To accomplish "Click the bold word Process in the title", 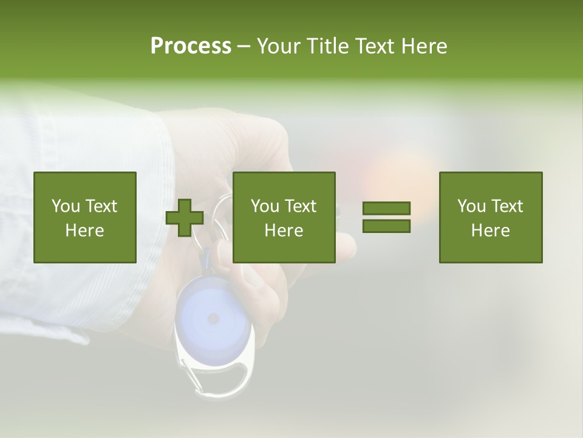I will (x=191, y=46).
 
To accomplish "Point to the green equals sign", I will (x=386, y=217).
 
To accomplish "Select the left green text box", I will (x=85, y=218).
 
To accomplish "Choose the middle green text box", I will (x=284, y=218).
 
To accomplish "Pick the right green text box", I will (x=491, y=218).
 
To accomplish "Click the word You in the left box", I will (x=66, y=206).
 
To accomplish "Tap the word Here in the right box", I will (x=491, y=231).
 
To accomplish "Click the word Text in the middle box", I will (x=301, y=206).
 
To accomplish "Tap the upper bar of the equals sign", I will (x=386, y=208).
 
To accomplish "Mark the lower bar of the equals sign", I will (x=386, y=226).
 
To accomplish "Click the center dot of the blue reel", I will (x=213, y=318).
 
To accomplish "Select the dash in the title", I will (x=244, y=47).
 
